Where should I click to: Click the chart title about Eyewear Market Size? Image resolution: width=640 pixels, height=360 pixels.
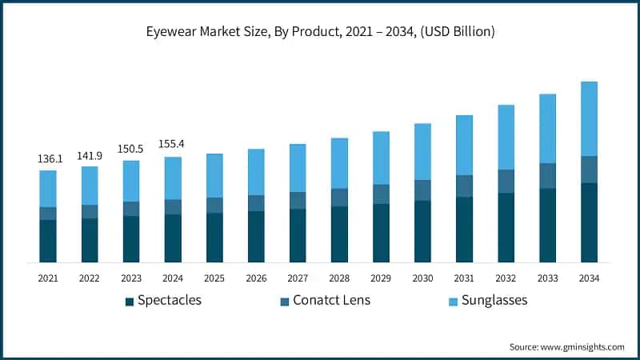319,33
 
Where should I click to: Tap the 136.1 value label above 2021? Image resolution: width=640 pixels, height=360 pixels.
48,159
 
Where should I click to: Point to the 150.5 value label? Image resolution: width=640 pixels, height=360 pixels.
131,150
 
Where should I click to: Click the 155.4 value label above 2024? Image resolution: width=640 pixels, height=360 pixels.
173,146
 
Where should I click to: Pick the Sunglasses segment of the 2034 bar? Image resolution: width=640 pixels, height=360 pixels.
589,118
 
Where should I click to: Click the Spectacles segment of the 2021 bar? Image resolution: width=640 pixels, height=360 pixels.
48,241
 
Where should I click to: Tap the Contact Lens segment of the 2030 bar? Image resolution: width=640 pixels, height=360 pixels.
422,190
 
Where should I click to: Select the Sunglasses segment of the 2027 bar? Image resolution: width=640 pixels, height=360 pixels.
298,168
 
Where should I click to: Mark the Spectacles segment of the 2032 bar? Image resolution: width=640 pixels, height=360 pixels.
506,228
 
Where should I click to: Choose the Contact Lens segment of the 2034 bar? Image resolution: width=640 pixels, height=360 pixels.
589,170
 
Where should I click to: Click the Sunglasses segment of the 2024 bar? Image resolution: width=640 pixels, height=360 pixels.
173,178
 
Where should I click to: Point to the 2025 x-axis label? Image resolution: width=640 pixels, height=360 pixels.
214,278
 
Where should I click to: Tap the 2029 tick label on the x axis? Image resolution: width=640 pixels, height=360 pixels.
381,278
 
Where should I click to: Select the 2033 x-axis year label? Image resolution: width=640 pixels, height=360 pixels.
547,278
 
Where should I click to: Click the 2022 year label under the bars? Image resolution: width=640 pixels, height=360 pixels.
90,278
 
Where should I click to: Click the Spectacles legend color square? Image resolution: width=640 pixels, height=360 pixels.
129,302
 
